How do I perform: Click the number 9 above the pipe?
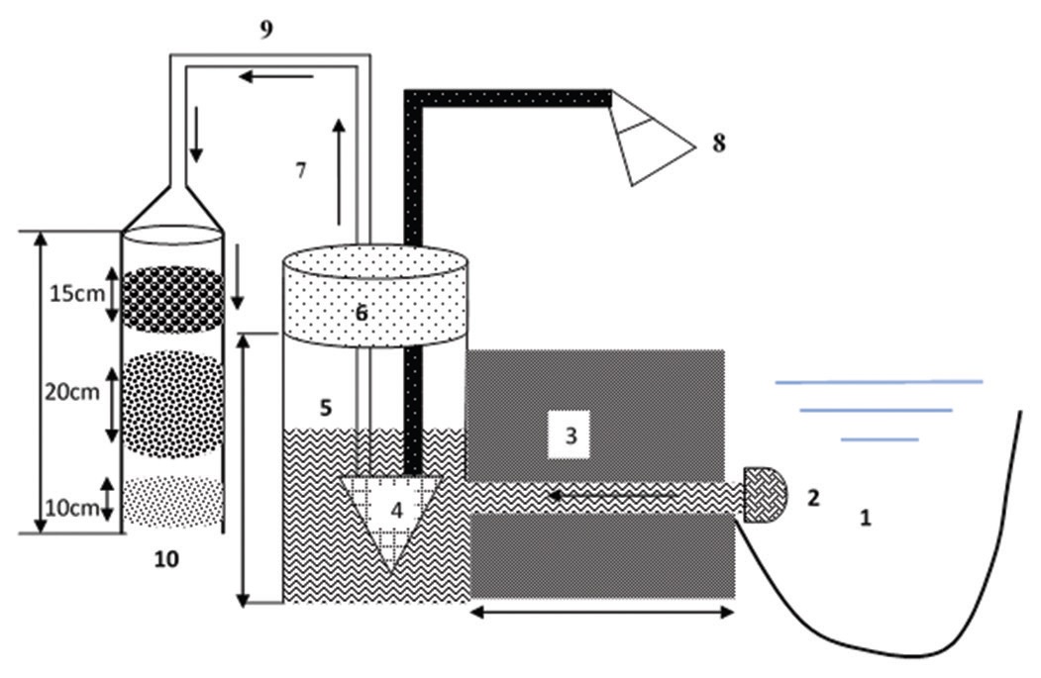pyautogui.click(x=266, y=29)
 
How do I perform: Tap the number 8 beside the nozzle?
pyautogui.click(x=719, y=143)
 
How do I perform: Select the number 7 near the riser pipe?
pyautogui.click(x=301, y=170)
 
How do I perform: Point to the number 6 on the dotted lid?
pyautogui.click(x=362, y=313)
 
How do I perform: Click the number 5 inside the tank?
pyautogui.click(x=325, y=408)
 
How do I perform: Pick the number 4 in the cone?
pyautogui.click(x=396, y=510)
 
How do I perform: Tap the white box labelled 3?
pyautogui.click(x=569, y=436)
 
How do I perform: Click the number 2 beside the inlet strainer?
pyautogui.click(x=813, y=498)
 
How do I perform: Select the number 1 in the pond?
pyautogui.click(x=865, y=518)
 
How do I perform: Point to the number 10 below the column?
pyautogui.click(x=166, y=559)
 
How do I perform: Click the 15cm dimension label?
pyautogui.click(x=77, y=293)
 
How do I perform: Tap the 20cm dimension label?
pyautogui.click(x=72, y=392)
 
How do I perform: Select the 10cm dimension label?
pyautogui.click(x=72, y=508)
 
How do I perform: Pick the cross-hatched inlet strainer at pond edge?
pyautogui.click(x=765, y=495)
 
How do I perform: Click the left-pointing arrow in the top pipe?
pyautogui.click(x=276, y=77)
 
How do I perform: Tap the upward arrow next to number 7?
pyautogui.click(x=340, y=172)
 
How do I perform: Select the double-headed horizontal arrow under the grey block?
pyautogui.click(x=602, y=613)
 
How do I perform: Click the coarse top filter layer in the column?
pyautogui.click(x=173, y=299)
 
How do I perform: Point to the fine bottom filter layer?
pyautogui.click(x=172, y=502)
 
